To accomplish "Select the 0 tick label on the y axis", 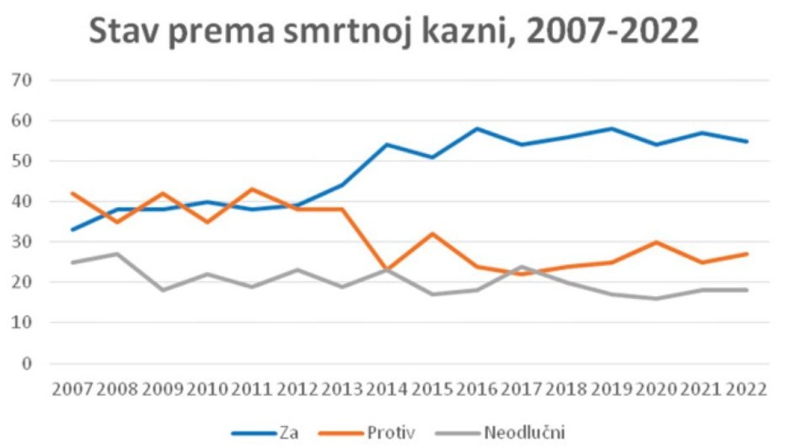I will tap(28, 363).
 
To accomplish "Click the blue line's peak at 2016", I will tap(477, 128).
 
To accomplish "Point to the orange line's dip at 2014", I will tap(387, 269).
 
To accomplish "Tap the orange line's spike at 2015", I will tap(432, 233).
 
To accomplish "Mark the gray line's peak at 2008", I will tap(117, 254).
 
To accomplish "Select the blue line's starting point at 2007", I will tap(72, 229).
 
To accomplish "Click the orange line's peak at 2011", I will tap(252, 189).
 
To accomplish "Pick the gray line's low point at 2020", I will tap(656, 298).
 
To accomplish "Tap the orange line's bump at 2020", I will tap(656, 242).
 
